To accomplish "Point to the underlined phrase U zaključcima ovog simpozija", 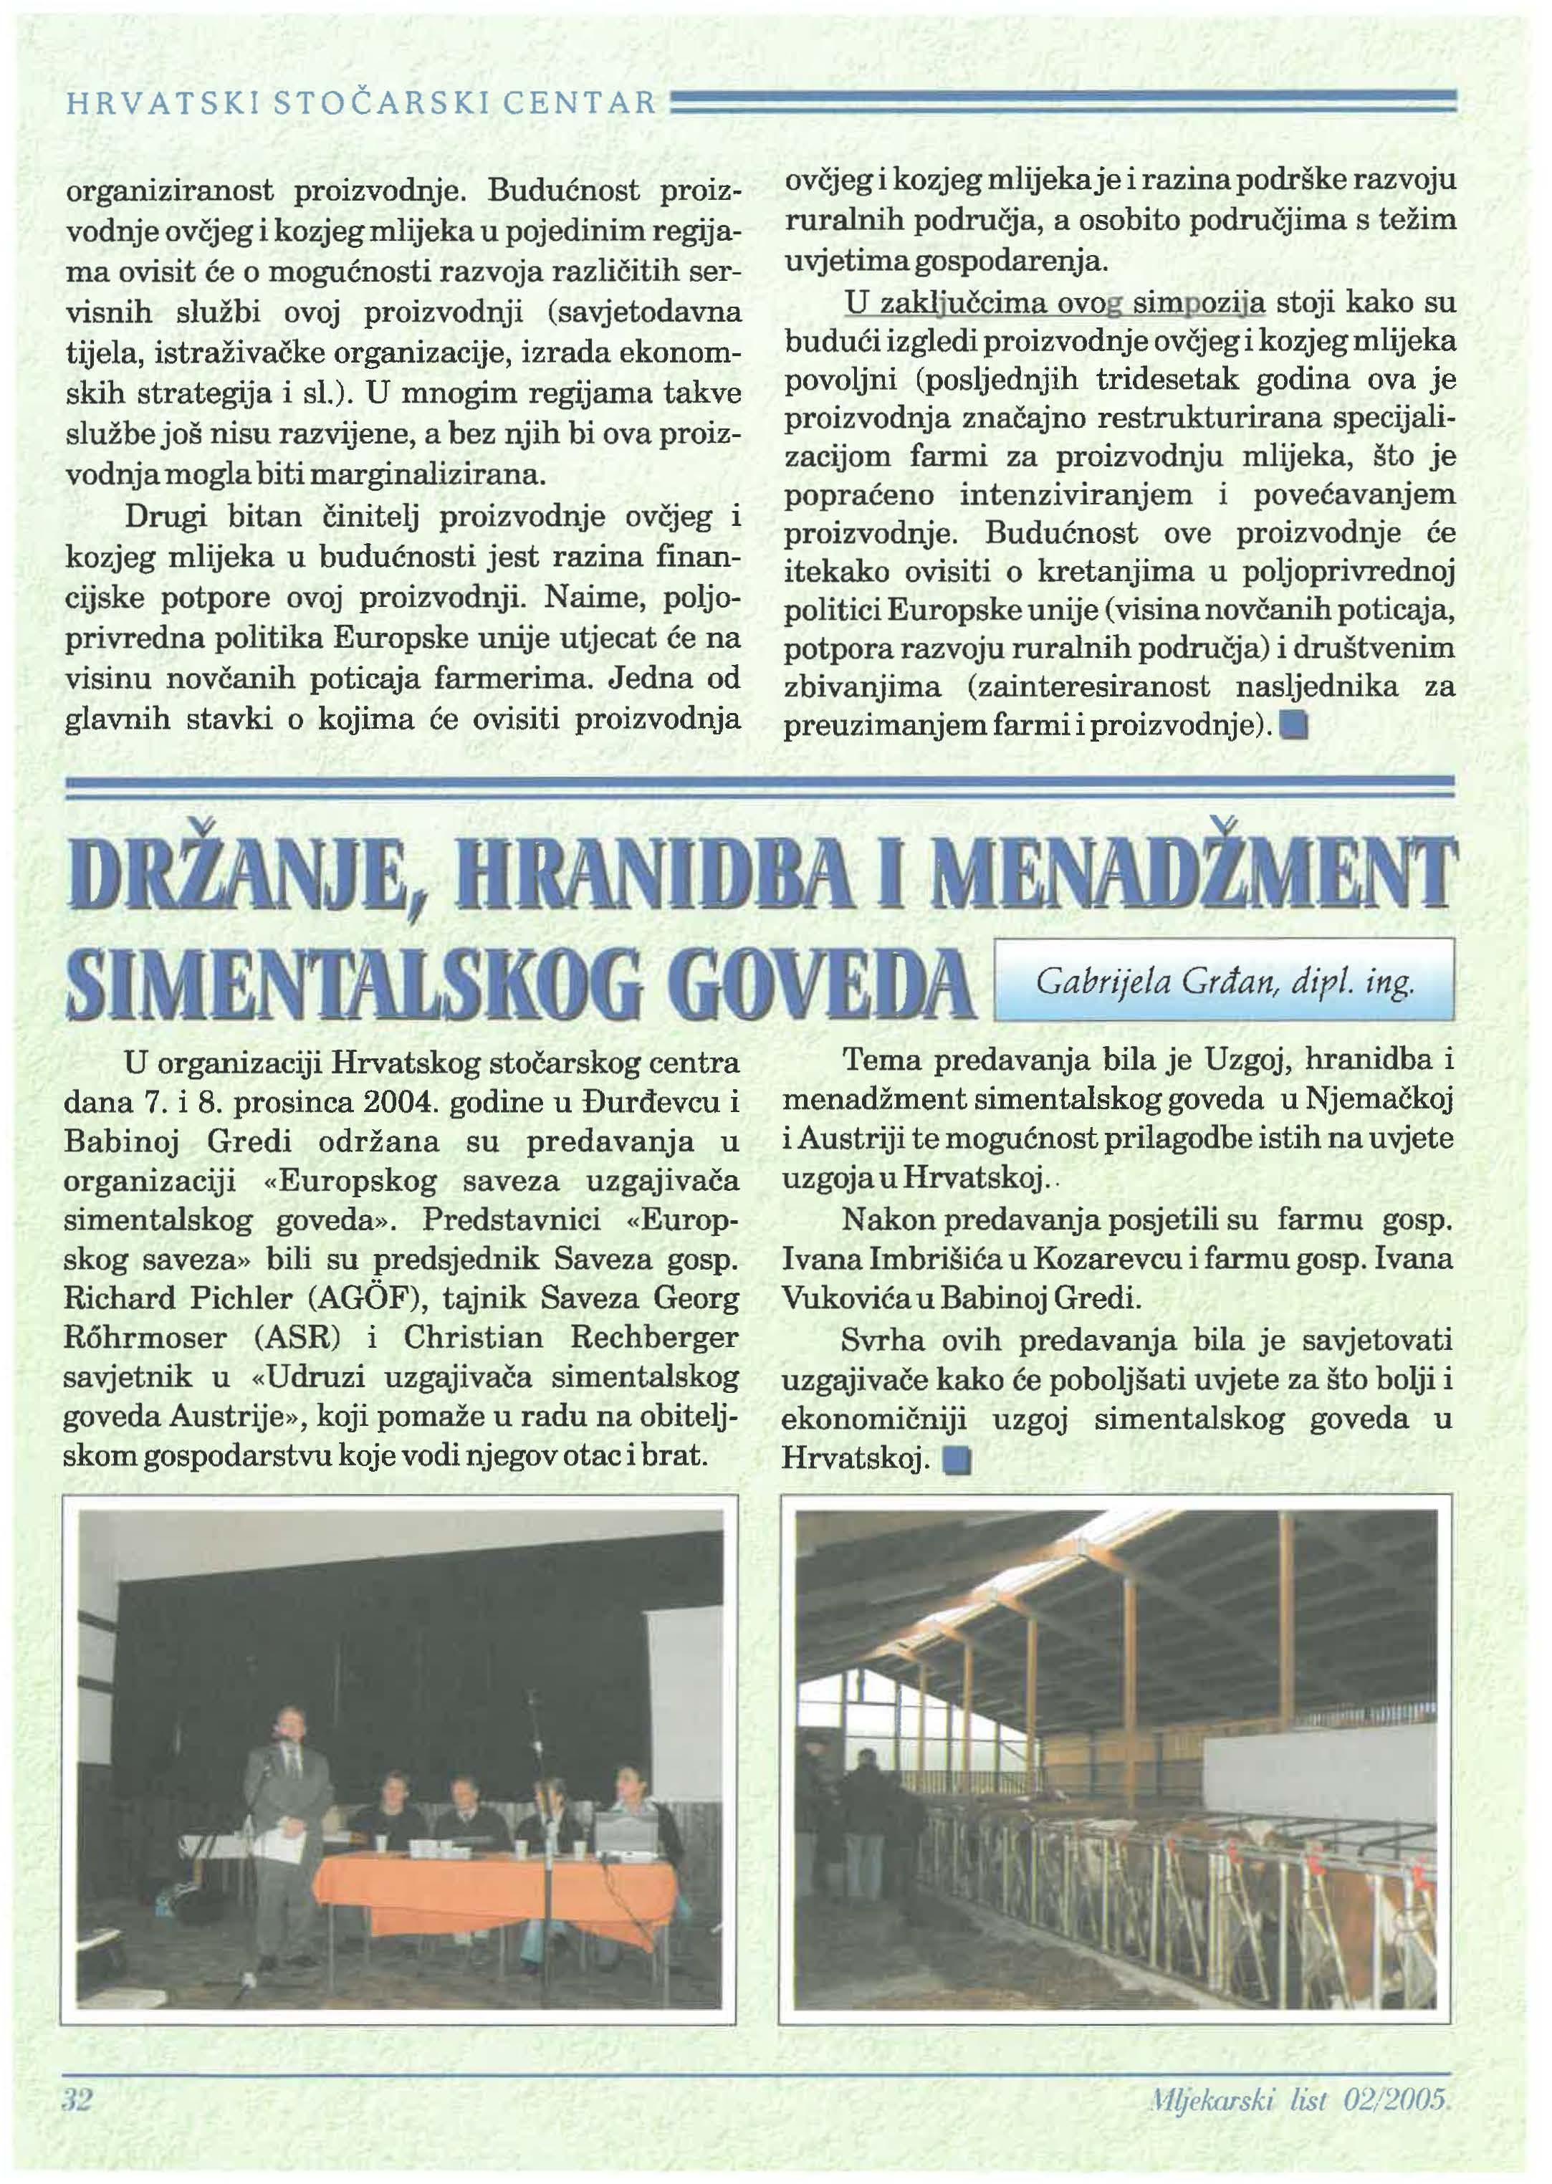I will click(1055, 303).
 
